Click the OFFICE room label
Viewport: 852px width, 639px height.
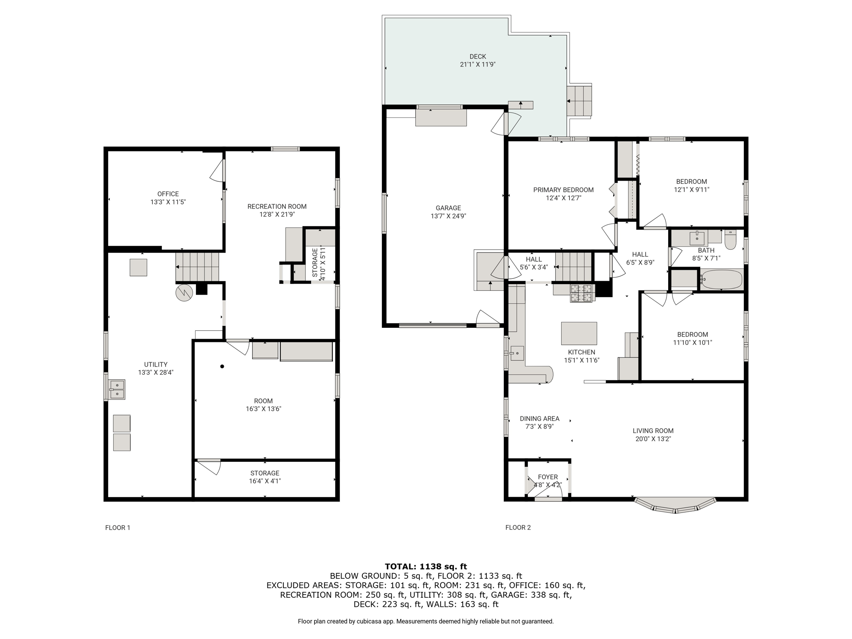click(168, 194)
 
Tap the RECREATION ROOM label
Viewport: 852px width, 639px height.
click(277, 206)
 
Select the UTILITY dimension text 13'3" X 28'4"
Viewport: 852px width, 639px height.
click(156, 373)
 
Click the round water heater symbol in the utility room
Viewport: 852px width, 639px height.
click(184, 292)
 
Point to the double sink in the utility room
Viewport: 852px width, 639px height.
click(117, 389)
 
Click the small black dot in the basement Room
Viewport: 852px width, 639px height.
click(222, 367)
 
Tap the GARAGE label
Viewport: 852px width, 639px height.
click(448, 208)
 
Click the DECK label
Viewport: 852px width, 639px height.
click(478, 57)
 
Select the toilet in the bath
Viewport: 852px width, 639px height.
click(730, 240)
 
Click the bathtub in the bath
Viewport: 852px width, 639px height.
click(721, 279)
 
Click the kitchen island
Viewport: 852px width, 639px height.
click(579, 333)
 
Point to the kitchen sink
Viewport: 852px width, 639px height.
click(517, 353)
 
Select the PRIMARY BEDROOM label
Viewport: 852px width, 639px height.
click(563, 190)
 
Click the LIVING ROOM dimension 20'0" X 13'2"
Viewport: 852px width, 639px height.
click(653, 439)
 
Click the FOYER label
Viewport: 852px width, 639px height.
click(547, 477)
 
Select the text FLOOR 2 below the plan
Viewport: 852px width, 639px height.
click(518, 528)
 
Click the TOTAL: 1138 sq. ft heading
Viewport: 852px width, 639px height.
click(426, 566)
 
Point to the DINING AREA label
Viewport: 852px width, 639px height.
click(540, 419)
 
